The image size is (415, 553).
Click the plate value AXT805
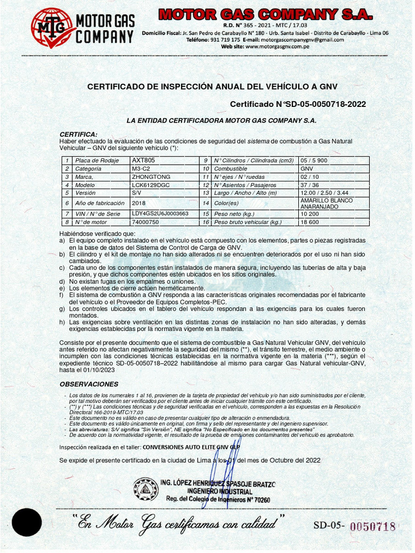click(x=143, y=160)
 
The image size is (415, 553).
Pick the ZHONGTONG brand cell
click(x=151, y=177)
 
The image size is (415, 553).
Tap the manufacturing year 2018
click(x=139, y=203)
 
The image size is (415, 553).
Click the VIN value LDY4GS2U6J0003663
click(x=160, y=214)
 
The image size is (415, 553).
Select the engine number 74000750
click(x=145, y=222)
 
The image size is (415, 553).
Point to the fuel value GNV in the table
click(x=306, y=168)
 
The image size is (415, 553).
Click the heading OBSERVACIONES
click(x=89, y=384)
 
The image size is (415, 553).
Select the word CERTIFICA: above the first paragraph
click(x=78, y=134)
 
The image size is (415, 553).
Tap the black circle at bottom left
click(x=27, y=522)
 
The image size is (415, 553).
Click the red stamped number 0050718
click(x=372, y=527)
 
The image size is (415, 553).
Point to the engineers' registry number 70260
click(x=259, y=500)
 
